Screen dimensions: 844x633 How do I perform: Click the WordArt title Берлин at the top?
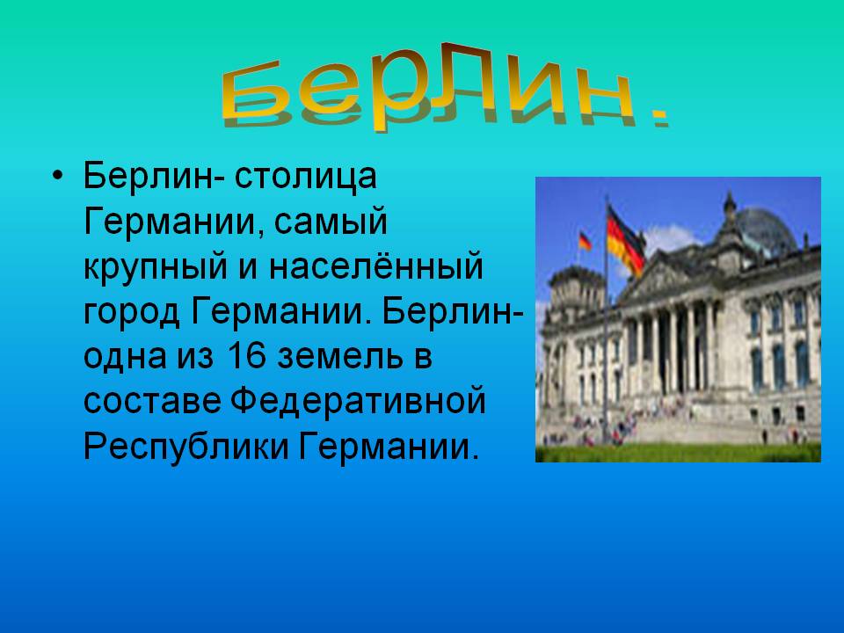click(x=428, y=86)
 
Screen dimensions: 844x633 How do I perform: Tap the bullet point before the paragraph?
click(x=58, y=176)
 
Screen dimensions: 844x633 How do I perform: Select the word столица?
click(x=305, y=176)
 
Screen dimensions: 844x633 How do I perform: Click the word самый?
click(x=331, y=222)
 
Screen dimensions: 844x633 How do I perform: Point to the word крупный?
click(x=156, y=267)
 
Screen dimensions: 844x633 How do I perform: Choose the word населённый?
click(x=375, y=266)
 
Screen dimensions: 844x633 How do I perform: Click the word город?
click(x=131, y=313)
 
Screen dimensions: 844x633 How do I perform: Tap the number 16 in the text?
click(x=246, y=356)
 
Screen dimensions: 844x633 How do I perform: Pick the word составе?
click(x=152, y=402)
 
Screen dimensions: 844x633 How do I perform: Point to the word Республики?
click(x=186, y=447)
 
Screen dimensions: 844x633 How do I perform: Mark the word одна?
click(x=125, y=357)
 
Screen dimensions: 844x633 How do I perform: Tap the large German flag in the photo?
click(x=625, y=241)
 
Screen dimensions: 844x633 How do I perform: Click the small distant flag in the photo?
click(x=585, y=241)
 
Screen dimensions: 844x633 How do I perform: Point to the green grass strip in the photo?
click(x=678, y=453)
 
